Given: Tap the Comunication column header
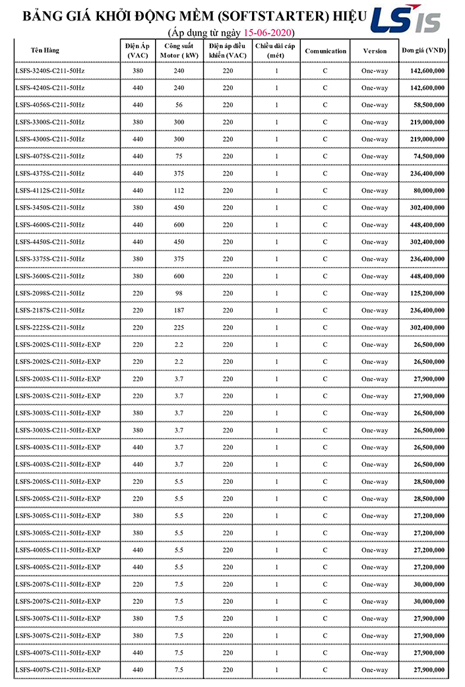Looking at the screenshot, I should (x=325, y=51).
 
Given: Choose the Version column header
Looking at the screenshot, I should (x=375, y=51).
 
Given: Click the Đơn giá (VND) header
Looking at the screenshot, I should (x=423, y=51).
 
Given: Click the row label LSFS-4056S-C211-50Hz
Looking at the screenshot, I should (x=49, y=105).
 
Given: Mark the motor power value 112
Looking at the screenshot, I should (x=179, y=191).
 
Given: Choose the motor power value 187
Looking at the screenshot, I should (x=179, y=311).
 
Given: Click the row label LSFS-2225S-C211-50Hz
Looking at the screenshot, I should (x=49, y=328).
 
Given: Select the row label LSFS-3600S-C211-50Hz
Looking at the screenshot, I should (x=49, y=276).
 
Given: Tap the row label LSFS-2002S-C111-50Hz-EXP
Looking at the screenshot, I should (x=57, y=345).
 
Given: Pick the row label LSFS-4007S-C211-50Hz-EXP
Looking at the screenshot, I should (x=57, y=671).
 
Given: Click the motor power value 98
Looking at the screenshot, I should (x=179, y=293).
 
